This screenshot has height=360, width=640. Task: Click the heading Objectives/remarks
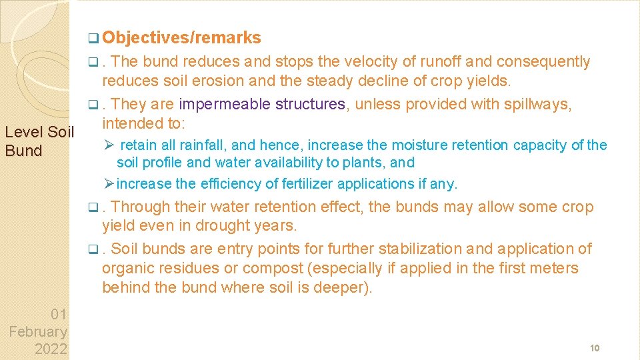coord(182,38)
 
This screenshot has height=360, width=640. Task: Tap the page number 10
coord(595,349)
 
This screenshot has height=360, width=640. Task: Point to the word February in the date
coord(38,331)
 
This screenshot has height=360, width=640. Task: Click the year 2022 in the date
coord(50,349)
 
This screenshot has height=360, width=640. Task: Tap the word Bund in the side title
coord(23,151)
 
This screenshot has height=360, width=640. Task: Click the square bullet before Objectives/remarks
coord(91,39)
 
